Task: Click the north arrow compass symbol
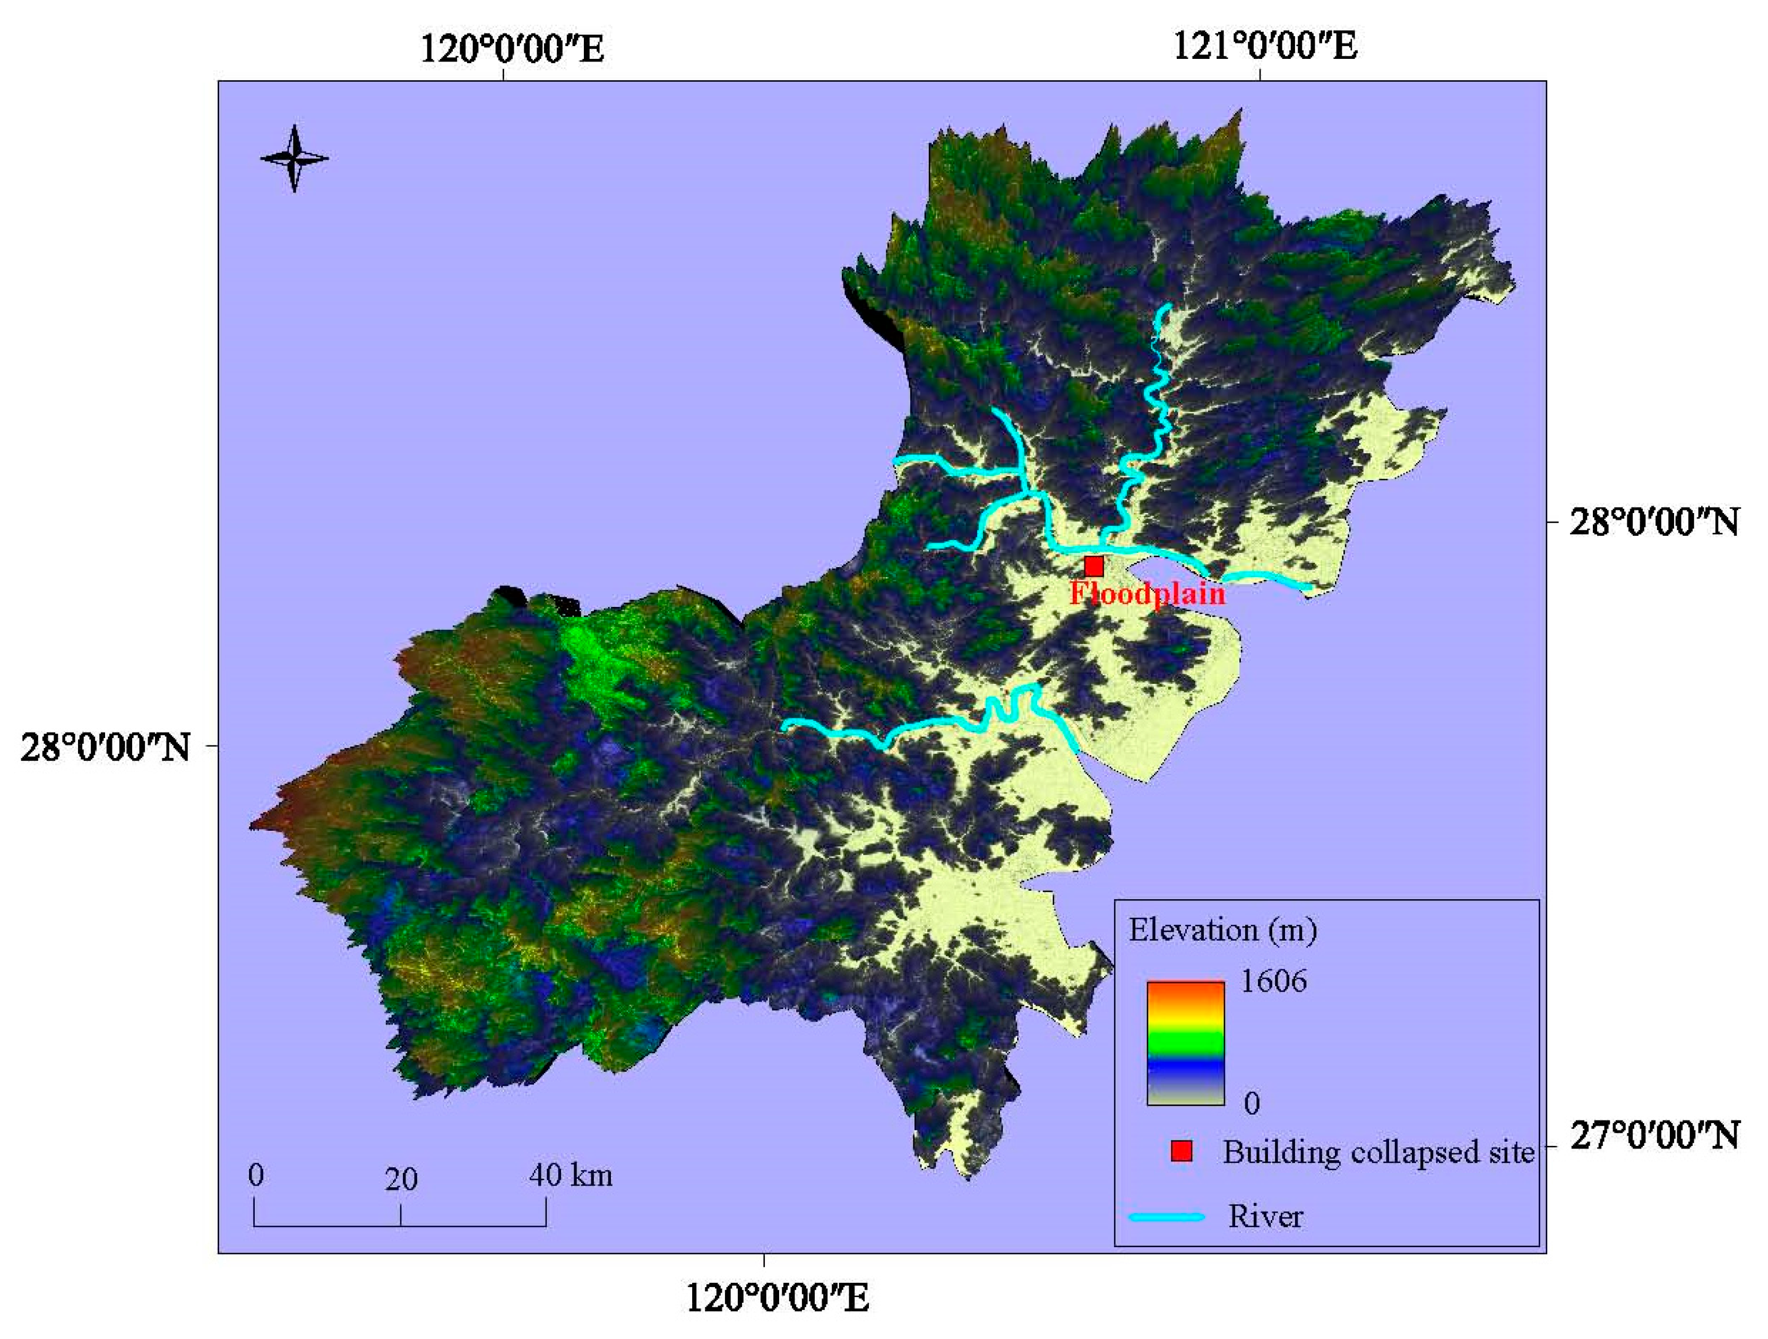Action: (294, 158)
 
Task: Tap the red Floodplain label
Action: (1147, 594)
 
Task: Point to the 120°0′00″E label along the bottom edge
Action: (778, 1298)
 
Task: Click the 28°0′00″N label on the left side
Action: (105, 749)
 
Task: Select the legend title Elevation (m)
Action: (1222, 931)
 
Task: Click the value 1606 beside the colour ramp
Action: (1273, 981)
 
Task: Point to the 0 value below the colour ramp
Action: (1252, 1103)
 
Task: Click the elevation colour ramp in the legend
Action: (1185, 1042)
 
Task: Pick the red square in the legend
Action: (1181, 1151)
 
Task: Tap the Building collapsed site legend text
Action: (1378, 1152)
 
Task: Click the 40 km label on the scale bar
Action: (571, 1175)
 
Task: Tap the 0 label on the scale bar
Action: (256, 1175)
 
